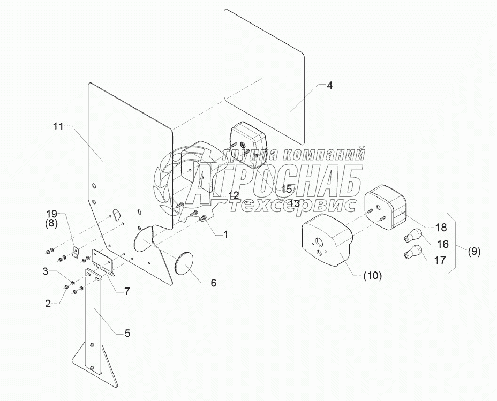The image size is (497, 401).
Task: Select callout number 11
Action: point(58,126)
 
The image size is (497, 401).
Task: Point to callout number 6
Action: point(213,283)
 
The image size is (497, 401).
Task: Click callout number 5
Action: point(127,332)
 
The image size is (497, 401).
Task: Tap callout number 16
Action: point(442,245)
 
